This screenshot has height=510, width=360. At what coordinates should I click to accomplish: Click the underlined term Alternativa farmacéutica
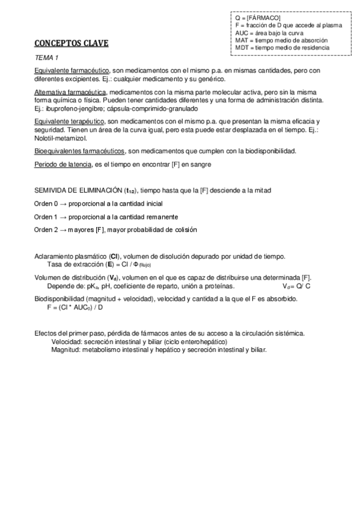click(70, 92)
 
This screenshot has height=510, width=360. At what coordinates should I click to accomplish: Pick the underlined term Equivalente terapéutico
click(71, 121)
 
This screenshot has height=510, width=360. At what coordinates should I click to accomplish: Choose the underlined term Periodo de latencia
click(63, 164)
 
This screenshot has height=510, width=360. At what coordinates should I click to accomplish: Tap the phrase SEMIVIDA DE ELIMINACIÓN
click(78, 191)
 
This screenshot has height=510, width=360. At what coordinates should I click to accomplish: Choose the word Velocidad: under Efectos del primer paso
click(67, 342)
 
